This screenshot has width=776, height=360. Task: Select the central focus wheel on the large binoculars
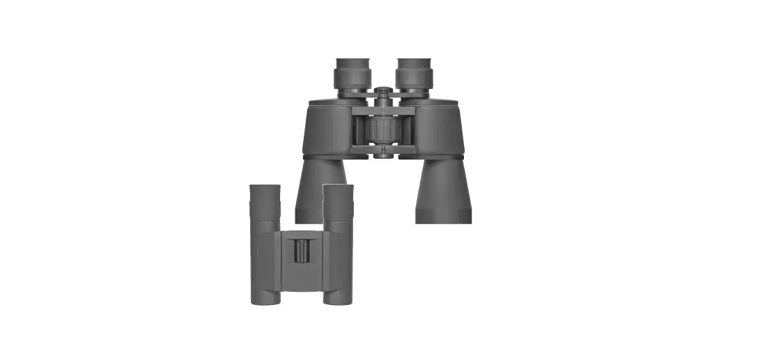click(x=382, y=130)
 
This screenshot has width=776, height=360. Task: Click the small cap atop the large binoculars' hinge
click(x=382, y=90)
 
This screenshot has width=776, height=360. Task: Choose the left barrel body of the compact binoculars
click(x=265, y=258)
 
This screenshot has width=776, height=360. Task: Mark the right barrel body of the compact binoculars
click(x=339, y=258)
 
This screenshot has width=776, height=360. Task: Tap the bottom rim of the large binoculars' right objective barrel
click(x=443, y=219)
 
